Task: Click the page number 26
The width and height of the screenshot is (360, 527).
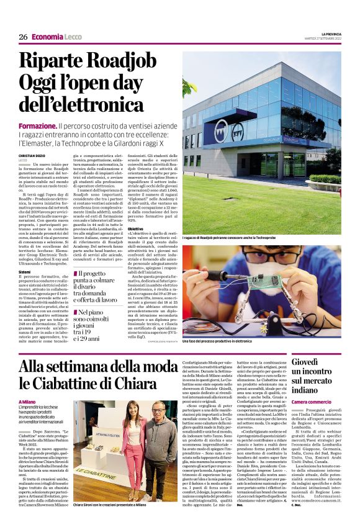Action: tap(23, 37)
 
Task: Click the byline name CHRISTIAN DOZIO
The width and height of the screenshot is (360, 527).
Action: tap(33, 155)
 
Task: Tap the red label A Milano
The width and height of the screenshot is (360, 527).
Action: tap(27, 403)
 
